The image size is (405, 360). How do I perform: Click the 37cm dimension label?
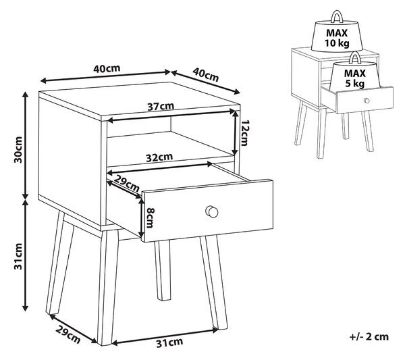(161, 106)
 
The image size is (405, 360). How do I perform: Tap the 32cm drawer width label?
(159, 157)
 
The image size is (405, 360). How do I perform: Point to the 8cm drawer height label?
(150, 218)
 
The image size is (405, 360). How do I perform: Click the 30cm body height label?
(18, 150)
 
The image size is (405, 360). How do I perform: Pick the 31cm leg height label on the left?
(18, 257)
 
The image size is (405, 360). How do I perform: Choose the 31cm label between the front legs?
(169, 342)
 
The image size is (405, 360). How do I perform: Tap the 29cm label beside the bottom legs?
(68, 335)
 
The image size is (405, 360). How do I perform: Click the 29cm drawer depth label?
(127, 183)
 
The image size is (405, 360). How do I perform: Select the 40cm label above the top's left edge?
(107, 68)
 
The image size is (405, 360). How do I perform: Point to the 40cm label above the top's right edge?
(206, 75)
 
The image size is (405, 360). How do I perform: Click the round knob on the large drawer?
(212, 212)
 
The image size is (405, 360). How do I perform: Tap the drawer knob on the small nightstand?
(367, 101)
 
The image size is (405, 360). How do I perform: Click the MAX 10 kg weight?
(337, 36)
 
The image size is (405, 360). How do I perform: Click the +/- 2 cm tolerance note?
(369, 337)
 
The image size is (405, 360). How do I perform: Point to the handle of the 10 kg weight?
(337, 17)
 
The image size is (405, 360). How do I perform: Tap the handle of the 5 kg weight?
(355, 57)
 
